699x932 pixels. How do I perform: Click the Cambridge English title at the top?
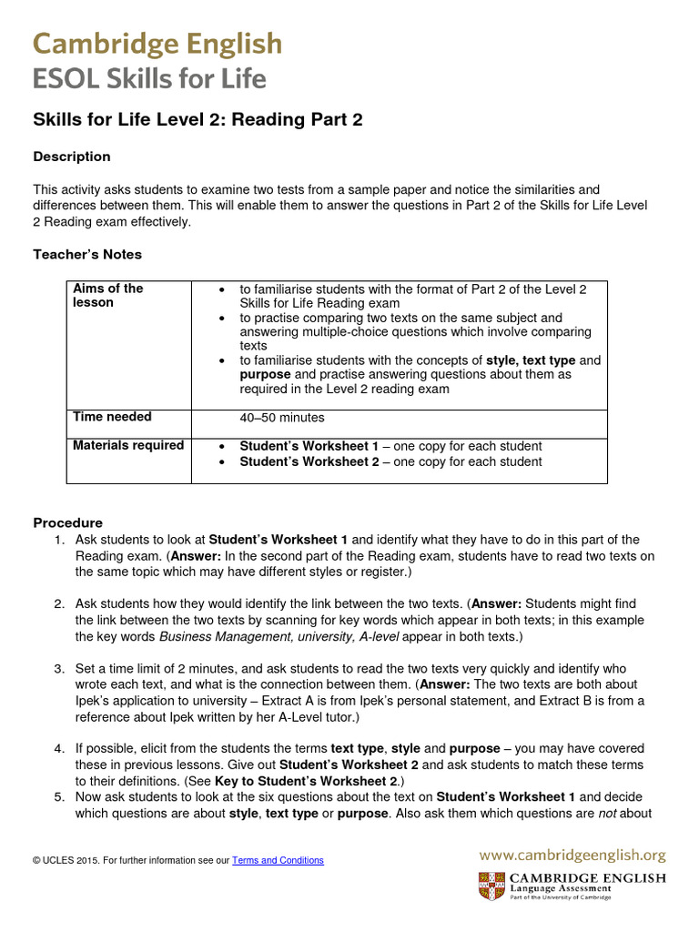157,44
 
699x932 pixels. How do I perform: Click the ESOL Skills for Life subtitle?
150,79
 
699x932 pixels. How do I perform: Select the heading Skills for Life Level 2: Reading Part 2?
198,120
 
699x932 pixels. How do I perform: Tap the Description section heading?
72,157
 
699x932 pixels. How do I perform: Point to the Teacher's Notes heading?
87,254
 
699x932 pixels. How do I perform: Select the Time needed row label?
112,417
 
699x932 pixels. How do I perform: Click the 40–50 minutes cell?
281,418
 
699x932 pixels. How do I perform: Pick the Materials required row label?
127,445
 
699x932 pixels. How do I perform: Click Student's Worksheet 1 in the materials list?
309,446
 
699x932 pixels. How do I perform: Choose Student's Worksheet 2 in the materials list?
309,461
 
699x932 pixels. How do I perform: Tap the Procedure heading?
68,522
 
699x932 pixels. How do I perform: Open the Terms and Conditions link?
278,860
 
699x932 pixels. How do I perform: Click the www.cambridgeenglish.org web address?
572,856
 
